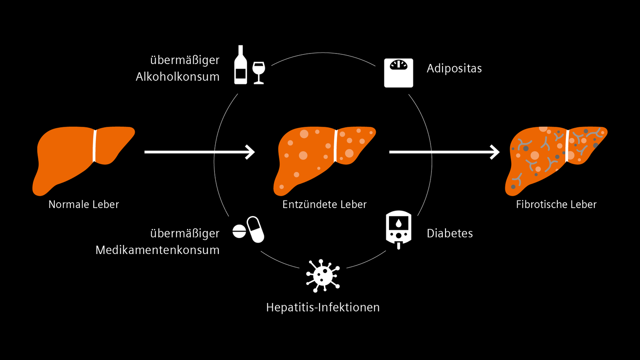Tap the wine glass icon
[x=258, y=72]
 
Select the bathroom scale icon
[x=398, y=73]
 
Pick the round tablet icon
[x=239, y=231]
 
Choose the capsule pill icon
[x=255, y=229]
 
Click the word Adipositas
[x=454, y=68]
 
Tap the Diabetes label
[x=450, y=233]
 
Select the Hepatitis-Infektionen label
[x=323, y=307]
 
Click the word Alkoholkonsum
[x=177, y=76]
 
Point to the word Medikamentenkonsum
[x=157, y=250]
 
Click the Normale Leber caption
[x=84, y=205]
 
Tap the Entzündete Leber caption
[x=324, y=205]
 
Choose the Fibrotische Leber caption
[x=556, y=205]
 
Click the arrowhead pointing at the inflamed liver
[x=250, y=152]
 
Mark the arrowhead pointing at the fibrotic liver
[x=495, y=152]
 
